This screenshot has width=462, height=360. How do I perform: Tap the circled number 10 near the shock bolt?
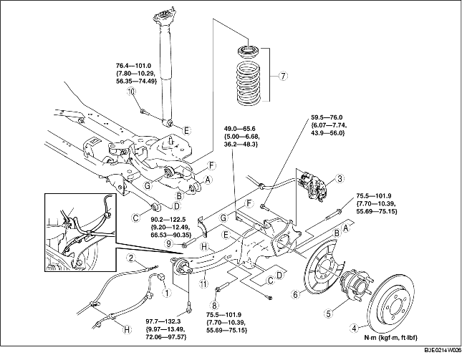coord(131,91)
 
